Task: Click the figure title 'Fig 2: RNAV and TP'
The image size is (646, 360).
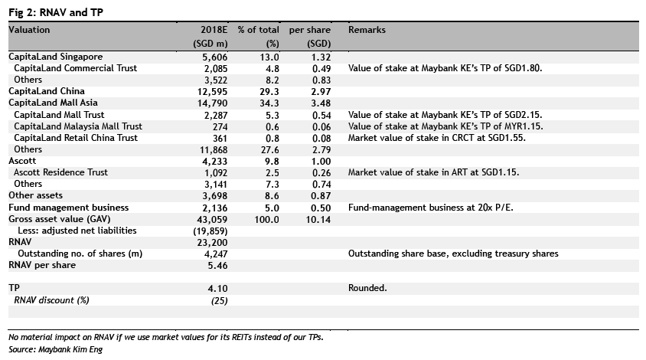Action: coord(56,12)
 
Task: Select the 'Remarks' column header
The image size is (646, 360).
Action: coord(367,30)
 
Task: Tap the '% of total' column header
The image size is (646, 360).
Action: coord(258,30)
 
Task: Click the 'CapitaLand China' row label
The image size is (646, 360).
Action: coord(47,91)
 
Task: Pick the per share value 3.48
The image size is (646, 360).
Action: coord(321,103)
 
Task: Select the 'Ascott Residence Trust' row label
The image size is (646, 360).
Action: coord(60,172)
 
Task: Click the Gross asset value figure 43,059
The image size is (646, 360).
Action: coord(212,220)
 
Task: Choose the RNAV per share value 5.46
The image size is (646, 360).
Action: coord(217,266)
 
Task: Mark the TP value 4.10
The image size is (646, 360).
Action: coord(217,289)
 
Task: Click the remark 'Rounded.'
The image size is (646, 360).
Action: coord(367,288)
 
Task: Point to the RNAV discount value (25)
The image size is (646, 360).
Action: coord(219,300)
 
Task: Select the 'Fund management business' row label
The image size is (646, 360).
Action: coord(68,208)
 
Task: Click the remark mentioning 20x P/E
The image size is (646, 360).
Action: coord(430,208)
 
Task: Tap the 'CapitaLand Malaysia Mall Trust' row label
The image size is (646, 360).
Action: coord(78,126)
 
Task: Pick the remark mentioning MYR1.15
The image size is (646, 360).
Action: coord(445,126)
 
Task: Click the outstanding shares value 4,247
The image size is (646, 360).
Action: coord(216,254)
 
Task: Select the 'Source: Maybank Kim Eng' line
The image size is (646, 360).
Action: coord(55,350)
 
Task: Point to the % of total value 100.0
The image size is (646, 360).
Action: coord(266,220)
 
